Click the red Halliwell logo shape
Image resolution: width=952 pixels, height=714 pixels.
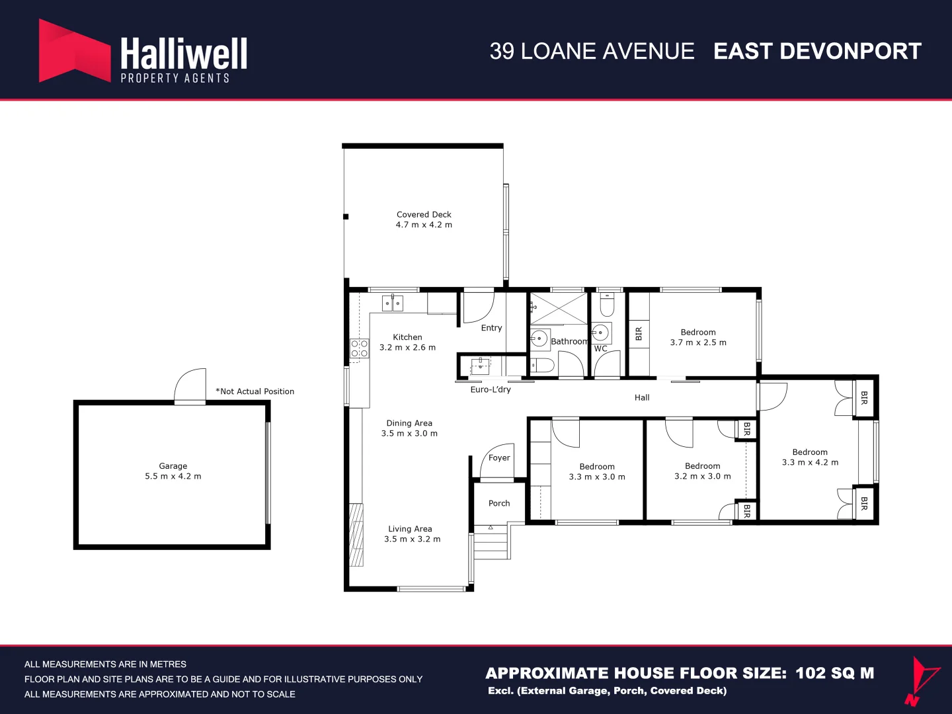74,51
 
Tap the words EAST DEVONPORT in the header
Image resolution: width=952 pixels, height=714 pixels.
818,51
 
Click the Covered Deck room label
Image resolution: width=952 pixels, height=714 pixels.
424,215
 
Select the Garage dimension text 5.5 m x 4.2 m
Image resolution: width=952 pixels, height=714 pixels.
173,476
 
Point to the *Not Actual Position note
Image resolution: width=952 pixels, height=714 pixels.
255,391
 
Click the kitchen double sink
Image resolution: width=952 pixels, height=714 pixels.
393,303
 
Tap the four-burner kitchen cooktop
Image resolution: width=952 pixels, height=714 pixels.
360,348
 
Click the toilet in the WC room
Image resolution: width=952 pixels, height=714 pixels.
607,305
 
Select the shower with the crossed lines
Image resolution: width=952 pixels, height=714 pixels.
559,308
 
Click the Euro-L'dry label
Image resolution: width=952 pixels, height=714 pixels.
491,389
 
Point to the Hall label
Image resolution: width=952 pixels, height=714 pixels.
642,397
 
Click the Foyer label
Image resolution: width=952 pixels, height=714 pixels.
499,457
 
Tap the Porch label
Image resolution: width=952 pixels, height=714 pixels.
499,503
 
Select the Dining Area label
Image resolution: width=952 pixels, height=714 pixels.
409,423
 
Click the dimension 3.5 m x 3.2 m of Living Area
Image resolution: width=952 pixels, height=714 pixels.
413,539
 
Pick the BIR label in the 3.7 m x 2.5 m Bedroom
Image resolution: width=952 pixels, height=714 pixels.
639,334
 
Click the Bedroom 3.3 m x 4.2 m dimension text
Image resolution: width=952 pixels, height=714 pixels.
810,463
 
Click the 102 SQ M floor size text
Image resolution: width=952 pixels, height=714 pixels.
835,673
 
